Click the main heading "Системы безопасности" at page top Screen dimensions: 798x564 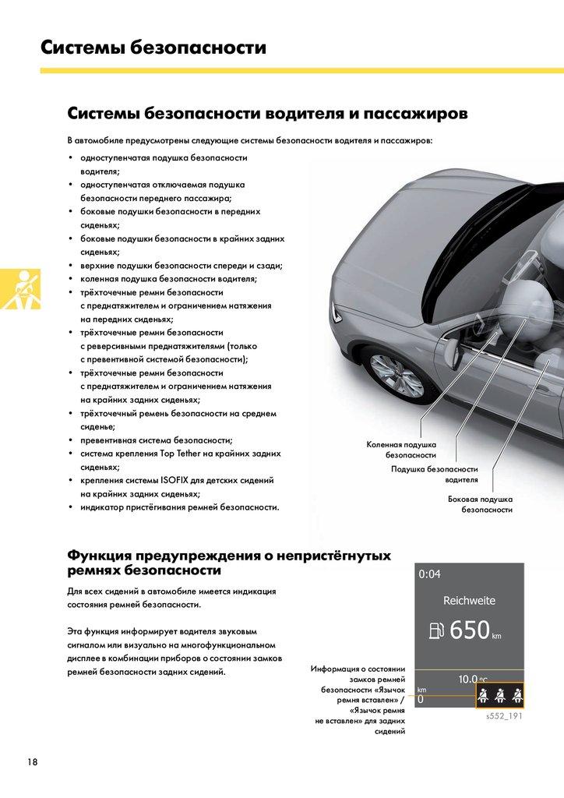click(x=153, y=48)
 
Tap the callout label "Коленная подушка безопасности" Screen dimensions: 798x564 click(x=401, y=449)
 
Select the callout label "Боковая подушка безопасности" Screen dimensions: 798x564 click(x=480, y=503)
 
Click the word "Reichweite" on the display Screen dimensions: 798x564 click(x=469, y=601)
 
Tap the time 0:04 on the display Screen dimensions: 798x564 click(x=429, y=574)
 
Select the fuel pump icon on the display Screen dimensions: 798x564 click(x=435, y=630)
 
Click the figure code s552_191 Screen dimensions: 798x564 click(x=503, y=715)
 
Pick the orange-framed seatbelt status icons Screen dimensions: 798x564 click(x=499, y=695)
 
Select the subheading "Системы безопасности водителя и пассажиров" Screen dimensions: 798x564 click(x=267, y=114)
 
